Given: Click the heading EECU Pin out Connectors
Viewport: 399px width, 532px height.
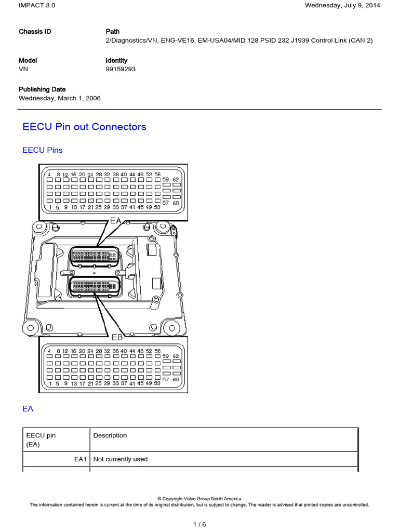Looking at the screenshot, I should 85,127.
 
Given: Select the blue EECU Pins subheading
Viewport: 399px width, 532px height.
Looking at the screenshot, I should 43,150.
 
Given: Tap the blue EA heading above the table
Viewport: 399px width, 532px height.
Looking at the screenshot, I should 28,409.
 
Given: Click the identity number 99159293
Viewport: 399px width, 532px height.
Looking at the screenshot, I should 121,69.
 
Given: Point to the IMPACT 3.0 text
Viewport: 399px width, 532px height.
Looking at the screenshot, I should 37,6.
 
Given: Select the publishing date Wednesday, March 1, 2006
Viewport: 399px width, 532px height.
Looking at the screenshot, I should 60,98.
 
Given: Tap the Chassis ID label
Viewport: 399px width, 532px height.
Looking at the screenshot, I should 35,32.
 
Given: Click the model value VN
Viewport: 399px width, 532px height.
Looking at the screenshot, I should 24,69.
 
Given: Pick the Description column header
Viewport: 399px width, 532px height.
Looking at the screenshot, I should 110,435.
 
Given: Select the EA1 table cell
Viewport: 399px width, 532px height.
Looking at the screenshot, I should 82,459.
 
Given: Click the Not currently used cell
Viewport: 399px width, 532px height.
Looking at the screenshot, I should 120,459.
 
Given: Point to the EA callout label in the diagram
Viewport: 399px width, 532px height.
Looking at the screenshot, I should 115,221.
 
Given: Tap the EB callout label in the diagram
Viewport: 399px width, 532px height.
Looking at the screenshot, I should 117,338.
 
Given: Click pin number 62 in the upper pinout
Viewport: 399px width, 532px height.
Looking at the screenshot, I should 176,179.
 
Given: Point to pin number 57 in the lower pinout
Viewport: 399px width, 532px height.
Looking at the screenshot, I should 166,380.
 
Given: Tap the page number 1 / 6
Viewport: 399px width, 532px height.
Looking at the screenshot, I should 199,524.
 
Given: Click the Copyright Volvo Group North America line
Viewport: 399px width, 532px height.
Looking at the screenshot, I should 199,499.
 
